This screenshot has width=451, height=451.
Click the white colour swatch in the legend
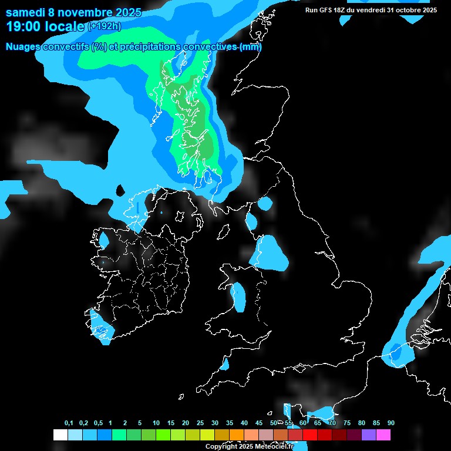[x=60, y=435]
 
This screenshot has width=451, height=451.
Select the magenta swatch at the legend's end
[x=383, y=435]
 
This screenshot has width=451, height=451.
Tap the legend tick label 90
[x=391, y=423]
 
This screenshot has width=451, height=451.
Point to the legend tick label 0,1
[x=68, y=423]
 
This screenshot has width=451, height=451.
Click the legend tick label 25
[x=200, y=423]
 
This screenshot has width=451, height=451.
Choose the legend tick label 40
[x=244, y=423]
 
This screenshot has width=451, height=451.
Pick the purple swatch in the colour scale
[x=369, y=435]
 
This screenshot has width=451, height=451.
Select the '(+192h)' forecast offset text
[x=105, y=26]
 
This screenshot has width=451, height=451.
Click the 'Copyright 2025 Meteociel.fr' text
[x=248, y=446]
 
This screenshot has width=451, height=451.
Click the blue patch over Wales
[x=239, y=297]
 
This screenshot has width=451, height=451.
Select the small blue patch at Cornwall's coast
[x=224, y=365]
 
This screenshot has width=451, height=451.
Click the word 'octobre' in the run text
[x=405, y=10]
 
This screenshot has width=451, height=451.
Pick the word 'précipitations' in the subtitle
[x=149, y=47]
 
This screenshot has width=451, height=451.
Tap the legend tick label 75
[x=346, y=423]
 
